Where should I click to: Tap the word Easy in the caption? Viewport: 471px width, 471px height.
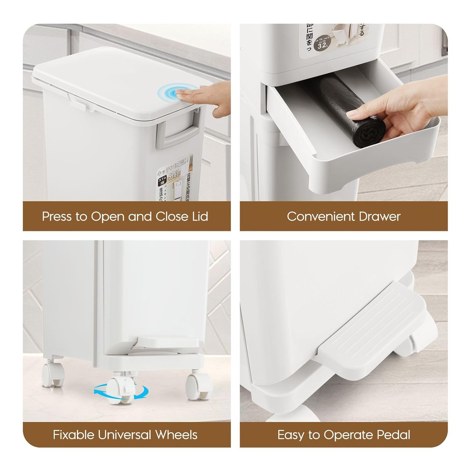(x=291, y=435)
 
